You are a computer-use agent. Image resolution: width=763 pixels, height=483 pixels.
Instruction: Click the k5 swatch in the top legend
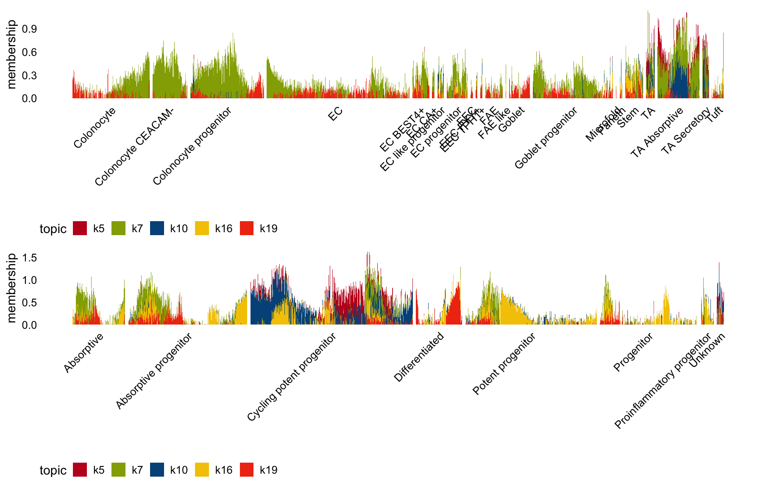tap(80, 228)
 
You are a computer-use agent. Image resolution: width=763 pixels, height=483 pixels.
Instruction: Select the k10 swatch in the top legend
tap(157, 228)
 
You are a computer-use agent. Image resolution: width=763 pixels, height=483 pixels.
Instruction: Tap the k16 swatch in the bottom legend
tap(202, 470)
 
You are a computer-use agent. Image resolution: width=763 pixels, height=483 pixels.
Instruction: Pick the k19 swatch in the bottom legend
tap(247, 470)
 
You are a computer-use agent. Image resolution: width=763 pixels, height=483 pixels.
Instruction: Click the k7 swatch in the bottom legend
tap(118, 470)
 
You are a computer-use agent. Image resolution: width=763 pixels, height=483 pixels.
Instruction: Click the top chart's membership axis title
tap(11, 54)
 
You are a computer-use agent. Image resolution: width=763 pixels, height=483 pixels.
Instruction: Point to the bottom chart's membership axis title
tap(11, 288)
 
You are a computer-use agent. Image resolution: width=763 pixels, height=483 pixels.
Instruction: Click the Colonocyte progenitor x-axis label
tap(192, 146)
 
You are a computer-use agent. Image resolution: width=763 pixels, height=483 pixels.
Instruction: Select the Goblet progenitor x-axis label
tap(546, 138)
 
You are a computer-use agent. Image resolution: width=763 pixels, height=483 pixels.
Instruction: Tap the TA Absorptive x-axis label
tap(657, 133)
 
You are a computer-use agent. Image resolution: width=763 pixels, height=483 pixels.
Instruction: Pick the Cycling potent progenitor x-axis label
tap(292, 377)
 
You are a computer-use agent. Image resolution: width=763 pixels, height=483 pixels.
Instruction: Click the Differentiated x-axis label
tap(419, 357)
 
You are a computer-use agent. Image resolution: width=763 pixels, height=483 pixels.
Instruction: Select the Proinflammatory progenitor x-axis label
tap(663, 381)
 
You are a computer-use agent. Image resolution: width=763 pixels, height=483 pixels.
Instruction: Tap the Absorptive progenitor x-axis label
tap(154, 371)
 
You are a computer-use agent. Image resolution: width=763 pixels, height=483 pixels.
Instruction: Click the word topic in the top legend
tap(53, 229)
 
